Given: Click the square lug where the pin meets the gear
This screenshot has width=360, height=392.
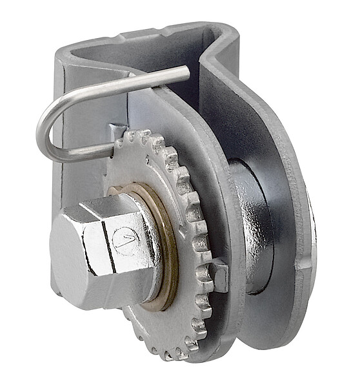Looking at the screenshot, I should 115,132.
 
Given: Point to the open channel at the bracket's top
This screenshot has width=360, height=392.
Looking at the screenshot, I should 148,48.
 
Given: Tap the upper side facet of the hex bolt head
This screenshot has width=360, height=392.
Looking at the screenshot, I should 103,208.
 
